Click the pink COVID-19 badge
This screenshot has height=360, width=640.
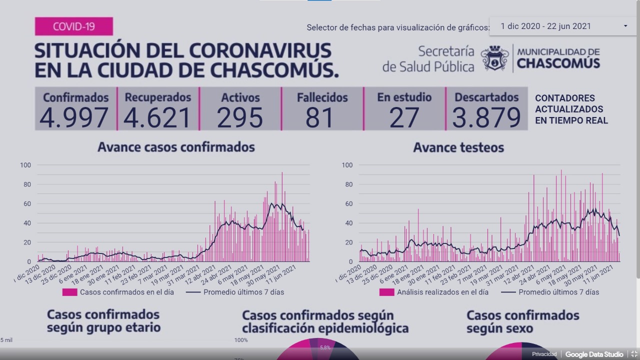click(x=74, y=26)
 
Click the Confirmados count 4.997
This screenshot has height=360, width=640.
click(x=74, y=117)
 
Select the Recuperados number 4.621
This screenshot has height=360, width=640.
click(x=157, y=117)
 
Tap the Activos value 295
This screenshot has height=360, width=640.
click(x=240, y=117)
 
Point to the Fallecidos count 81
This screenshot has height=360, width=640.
click(x=320, y=117)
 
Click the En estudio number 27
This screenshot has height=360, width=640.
click(x=404, y=117)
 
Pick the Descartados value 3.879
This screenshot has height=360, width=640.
click(x=486, y=117)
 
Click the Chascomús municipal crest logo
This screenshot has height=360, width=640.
click(x=494, y=58)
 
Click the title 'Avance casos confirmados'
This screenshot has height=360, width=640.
click(x=176, y=147)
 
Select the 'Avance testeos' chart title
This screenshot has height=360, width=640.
click(x=458, y=147)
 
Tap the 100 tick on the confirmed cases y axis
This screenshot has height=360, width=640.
click(x=25, y=165)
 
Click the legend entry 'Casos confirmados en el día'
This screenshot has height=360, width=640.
click(x=126, y=292)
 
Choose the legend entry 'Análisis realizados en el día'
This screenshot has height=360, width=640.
click(x=442, y=292)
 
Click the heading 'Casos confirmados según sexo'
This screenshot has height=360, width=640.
click(x=522, y=322)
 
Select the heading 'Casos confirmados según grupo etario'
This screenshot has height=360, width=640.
click(x=103, y=321)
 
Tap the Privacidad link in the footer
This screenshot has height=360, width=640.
click(x=544, y=354)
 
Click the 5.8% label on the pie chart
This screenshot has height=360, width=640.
click(x=325, y=347)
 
